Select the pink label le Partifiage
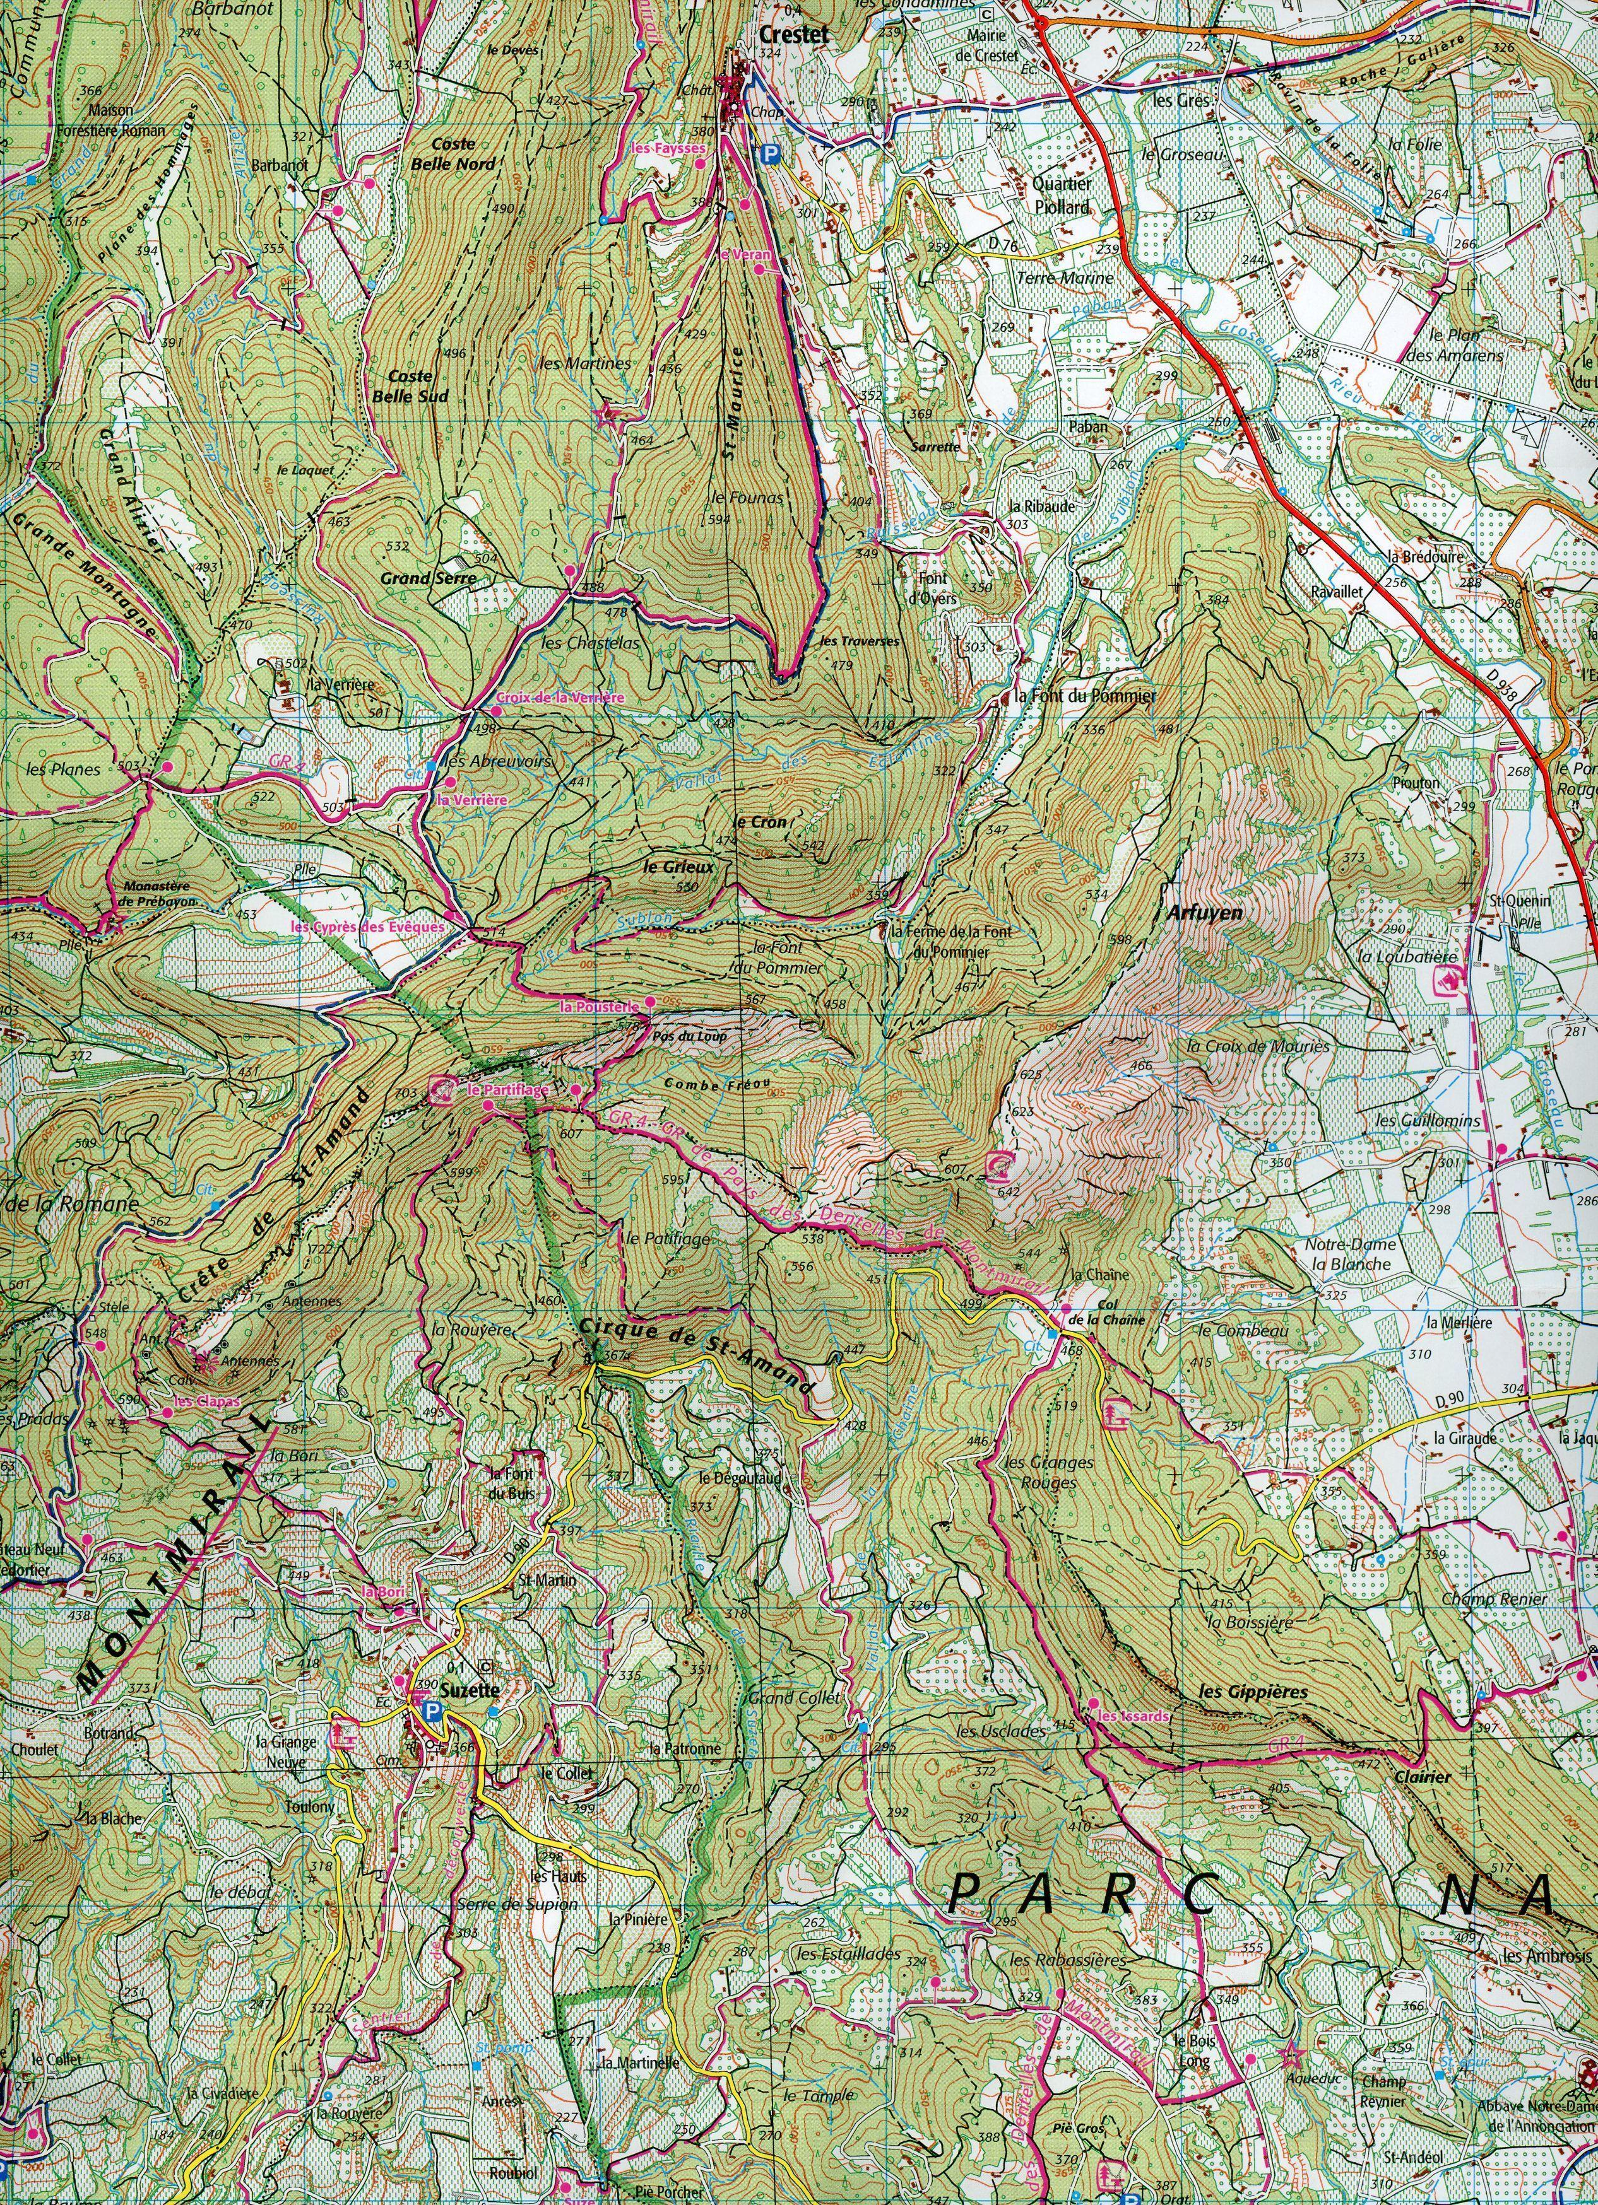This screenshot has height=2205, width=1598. (x=507, y=1091)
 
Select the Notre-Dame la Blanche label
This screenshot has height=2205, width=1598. (x=1352, y=1253)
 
